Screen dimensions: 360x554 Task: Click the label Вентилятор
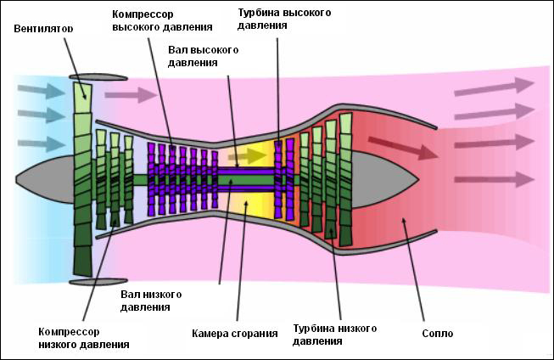pos(43,29)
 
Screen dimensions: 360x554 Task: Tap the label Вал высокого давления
pos(204,56)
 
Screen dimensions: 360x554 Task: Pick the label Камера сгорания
pos(235,334)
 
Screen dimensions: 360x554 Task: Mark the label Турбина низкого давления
pos(334,334)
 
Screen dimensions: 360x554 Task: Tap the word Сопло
pos(437,334)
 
